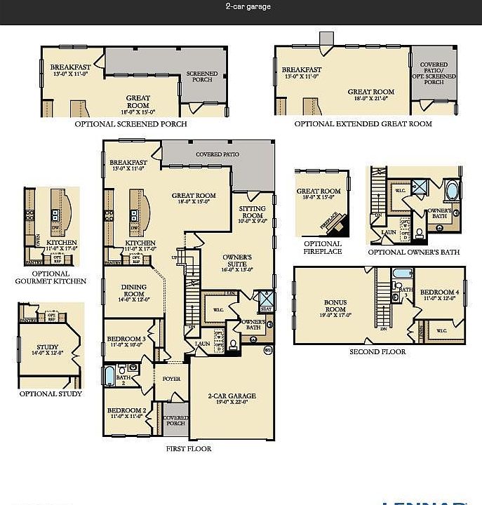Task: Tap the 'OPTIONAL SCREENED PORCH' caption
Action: click(130, 124)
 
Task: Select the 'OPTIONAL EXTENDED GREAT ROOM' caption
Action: click(363, 124)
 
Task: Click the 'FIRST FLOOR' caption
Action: click(188, 448)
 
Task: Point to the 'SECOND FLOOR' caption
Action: click(377, 351)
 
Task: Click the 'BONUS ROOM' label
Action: click(335, 307)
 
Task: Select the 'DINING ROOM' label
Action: click(134, 290)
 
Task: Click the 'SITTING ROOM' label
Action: click(252, 213)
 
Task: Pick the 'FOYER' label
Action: click(171, 379)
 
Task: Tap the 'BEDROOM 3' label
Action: click(126, 342)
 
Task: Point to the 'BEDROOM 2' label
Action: click(126, 412)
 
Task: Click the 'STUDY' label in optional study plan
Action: click(48, 349)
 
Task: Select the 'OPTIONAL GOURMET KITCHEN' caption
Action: click(51, 278)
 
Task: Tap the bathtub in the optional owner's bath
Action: click(450, 191)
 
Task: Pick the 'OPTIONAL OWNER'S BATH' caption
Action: click(414, 252)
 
